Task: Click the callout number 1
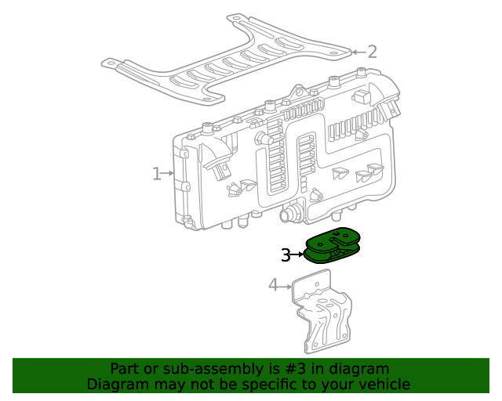[x=156, y=174]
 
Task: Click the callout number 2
[x=372, y=52]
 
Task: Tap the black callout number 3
[x=286, y=255]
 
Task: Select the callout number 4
[x=273, y=285]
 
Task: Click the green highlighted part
[x=333, y=246]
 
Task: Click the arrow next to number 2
[x=357, y=52]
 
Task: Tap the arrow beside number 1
[x=168, y=174]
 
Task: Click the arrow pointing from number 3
[x=298, y=255]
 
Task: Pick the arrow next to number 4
[x=286, y=286]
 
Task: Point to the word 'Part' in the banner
[x=124, y=369]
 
